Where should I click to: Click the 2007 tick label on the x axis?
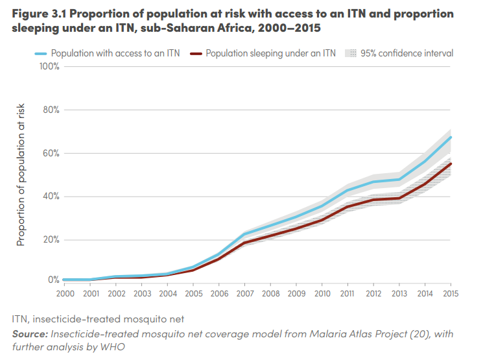(x=244, y=294)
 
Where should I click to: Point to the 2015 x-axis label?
(x=451, y=294)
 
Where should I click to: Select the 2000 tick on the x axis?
(x=64, y=294)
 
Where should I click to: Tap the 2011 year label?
(x=348, y=294)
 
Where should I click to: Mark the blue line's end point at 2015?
(x=451, y=137)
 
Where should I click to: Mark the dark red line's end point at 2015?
(x=451, y=163)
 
